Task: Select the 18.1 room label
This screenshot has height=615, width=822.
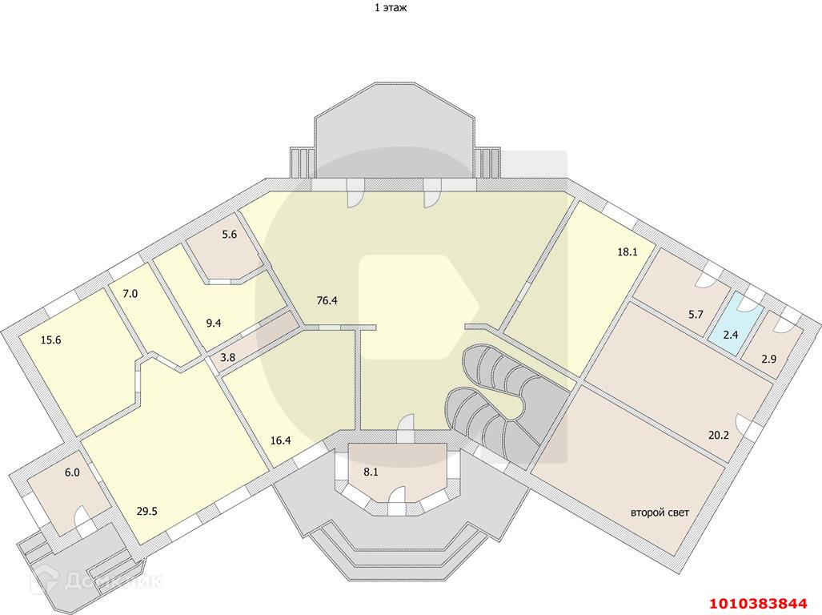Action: click(626, 251)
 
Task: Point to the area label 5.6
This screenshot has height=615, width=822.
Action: click(230, 235)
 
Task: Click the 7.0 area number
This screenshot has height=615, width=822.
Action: click(130, 294)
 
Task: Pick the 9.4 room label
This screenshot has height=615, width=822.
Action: click(213, 324)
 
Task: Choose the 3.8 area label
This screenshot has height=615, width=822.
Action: click(227, 358)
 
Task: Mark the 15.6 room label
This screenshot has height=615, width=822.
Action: click(50, 340)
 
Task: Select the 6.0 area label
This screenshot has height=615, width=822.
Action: click(72, 472)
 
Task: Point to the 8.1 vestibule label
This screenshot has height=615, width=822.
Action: click(371, 472)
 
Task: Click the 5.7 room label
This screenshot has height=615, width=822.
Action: click(695, 314)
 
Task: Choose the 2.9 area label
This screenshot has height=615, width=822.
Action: click(768, 359)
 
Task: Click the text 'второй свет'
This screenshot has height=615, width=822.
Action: click(660, 512)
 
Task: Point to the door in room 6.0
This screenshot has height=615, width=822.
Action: click(82, 517)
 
